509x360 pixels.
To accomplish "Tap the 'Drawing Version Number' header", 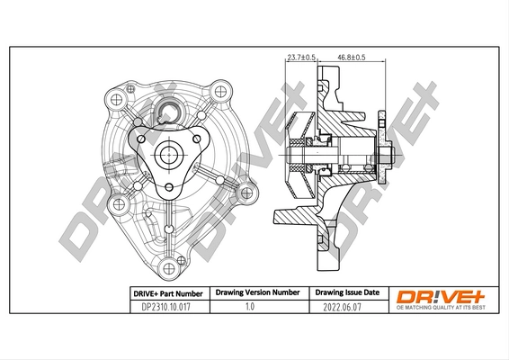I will click(254, 293).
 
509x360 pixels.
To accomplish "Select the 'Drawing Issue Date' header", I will click(347, 293).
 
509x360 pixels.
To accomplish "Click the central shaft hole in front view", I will click(168, 155).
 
